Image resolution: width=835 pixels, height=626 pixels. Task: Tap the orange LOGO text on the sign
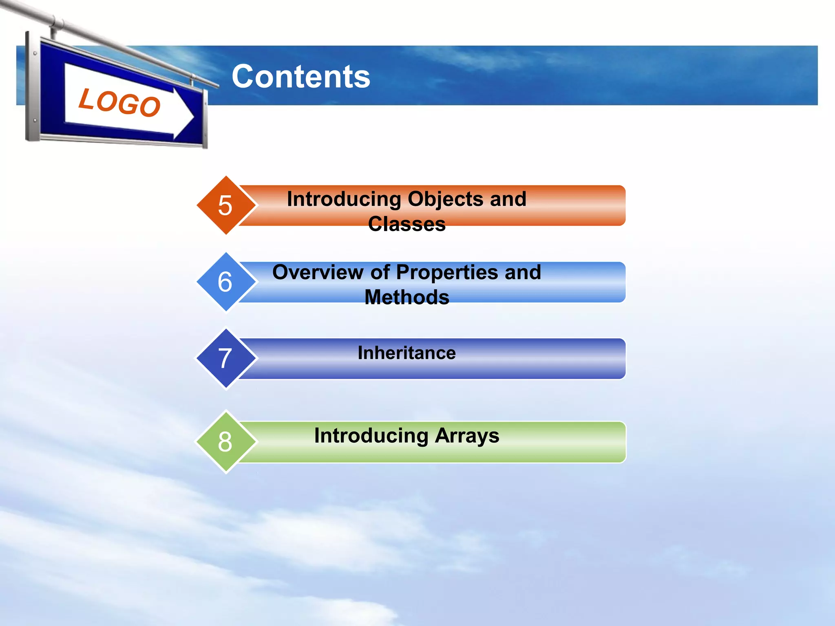119,102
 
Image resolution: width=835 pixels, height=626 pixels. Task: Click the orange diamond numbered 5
225,205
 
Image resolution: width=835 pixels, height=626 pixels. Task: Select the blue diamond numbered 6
225,282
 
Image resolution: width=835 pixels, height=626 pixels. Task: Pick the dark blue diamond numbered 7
225,358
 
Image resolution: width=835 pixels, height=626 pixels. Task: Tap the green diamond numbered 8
225,441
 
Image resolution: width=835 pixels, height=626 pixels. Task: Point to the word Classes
407,224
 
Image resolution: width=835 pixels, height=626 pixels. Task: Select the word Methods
407,297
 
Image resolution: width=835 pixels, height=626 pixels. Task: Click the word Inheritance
407,353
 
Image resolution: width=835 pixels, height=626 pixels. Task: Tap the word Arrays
467,436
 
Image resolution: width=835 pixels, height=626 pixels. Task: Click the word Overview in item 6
318,272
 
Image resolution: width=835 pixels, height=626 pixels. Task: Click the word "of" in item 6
379,272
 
